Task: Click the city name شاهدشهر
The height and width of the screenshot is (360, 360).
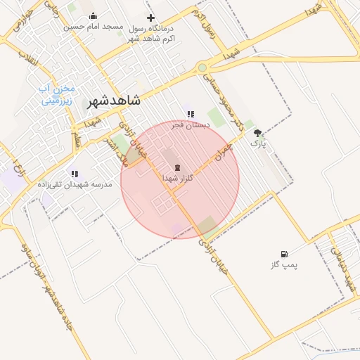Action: pos(114,101)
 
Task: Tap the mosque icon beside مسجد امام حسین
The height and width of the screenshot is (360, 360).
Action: pos(94,16)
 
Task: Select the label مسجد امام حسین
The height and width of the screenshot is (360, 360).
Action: pos(93,27)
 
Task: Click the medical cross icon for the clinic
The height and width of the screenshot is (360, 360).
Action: pos(150,18)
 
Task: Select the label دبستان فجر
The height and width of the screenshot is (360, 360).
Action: pos(188,124)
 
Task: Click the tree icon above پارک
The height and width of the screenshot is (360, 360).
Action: pos(258,132)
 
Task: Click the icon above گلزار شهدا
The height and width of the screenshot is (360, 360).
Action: pos(177,168)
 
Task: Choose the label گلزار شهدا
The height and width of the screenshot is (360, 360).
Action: pos(177,179)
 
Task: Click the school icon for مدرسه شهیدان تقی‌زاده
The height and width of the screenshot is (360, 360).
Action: pos(75,174)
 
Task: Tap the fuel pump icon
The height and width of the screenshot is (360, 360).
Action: pos(284,254)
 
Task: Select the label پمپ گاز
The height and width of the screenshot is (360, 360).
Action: pos(284,265)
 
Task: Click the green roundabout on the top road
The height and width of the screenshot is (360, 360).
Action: pos(202,67)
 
